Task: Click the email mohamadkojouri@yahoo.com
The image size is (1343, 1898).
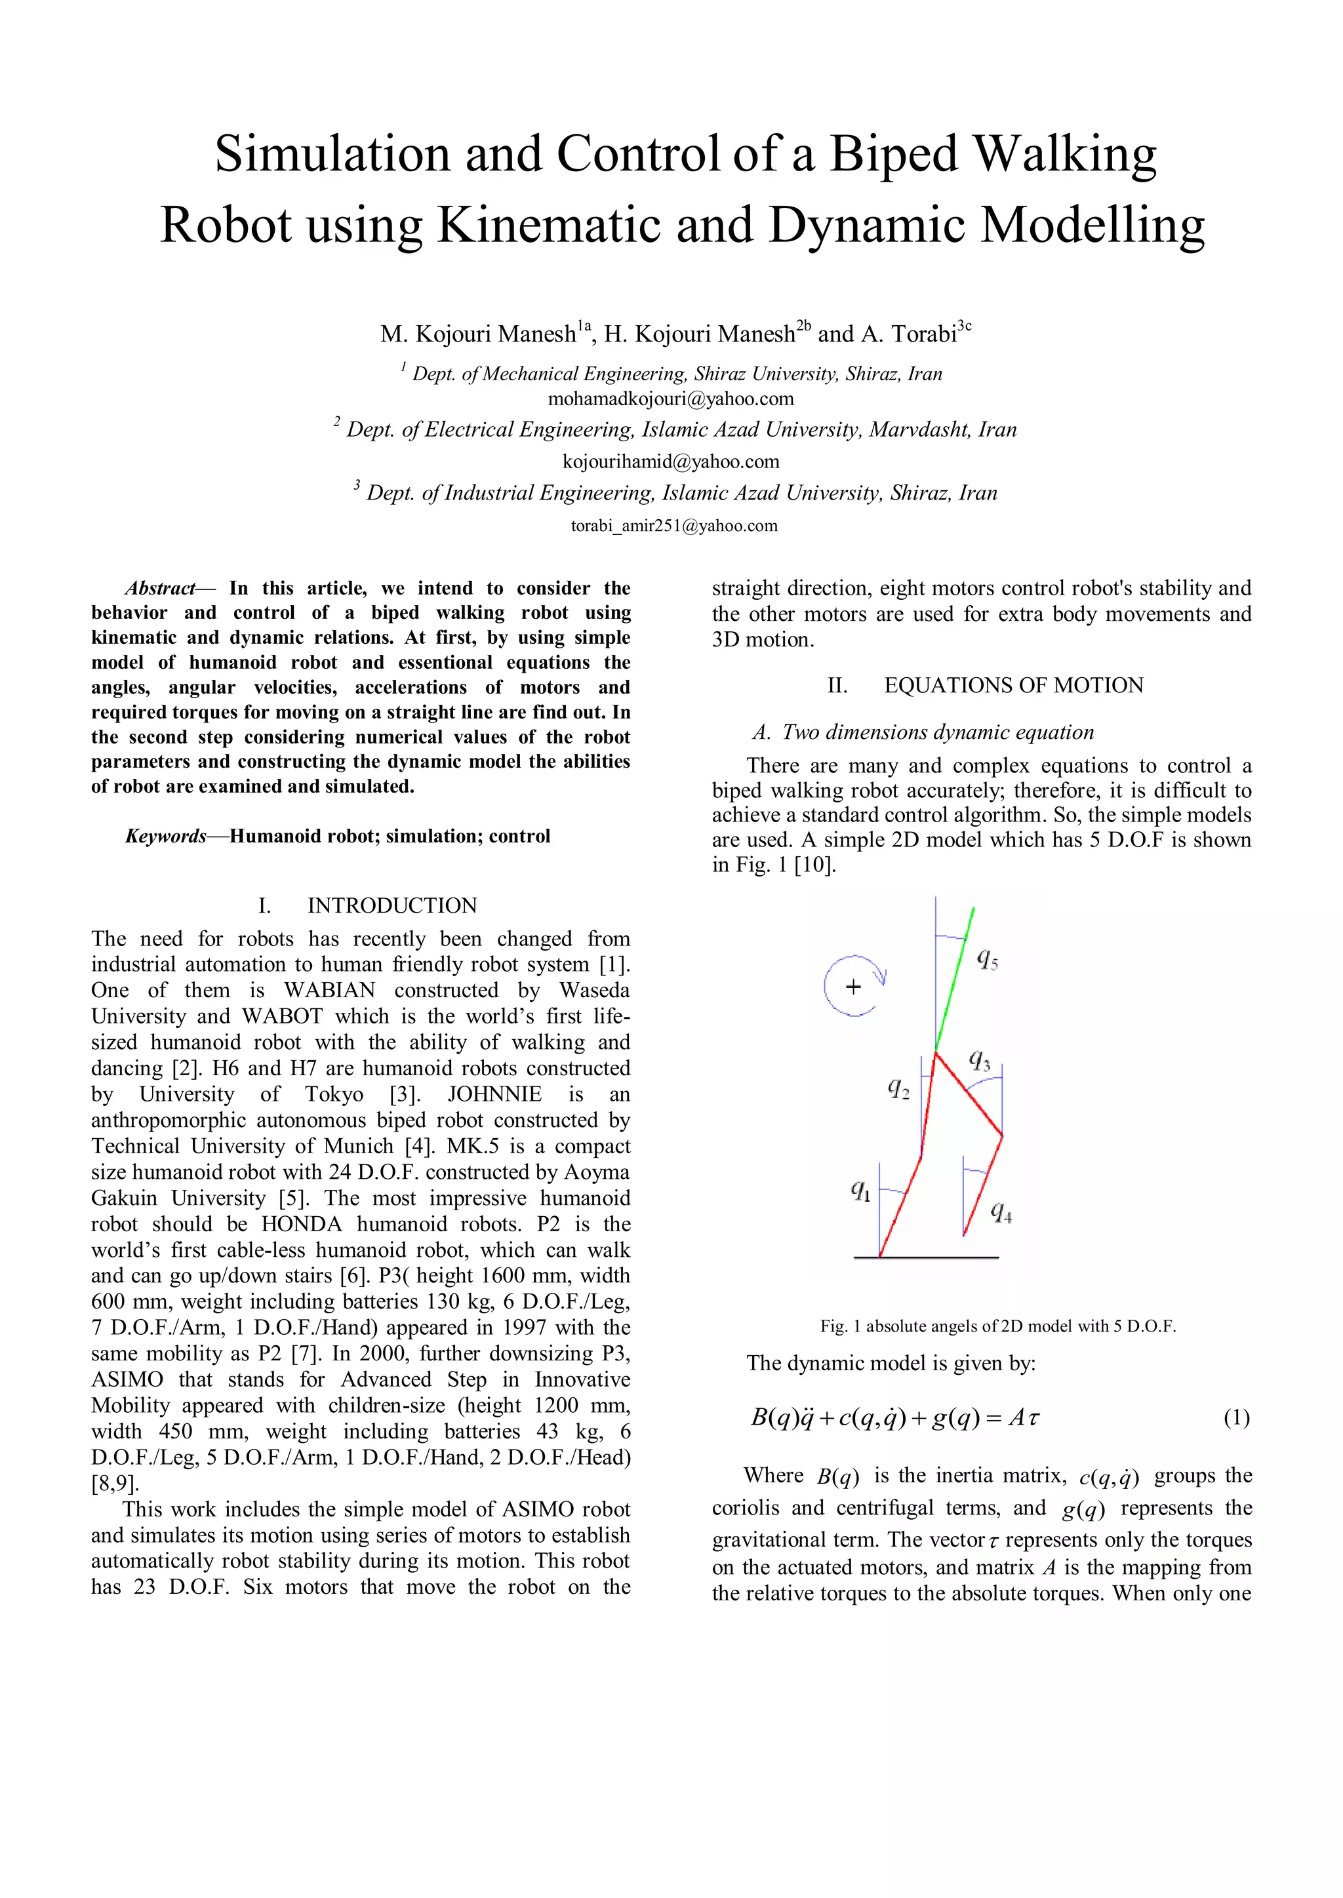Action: point(671,399)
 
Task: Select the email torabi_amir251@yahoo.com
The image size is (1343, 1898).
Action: point(674,526)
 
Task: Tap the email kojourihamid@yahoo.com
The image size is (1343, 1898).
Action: point(671,462)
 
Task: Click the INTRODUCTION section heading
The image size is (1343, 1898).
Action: point(392,906)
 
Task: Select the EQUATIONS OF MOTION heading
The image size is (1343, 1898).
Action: point(1013,685)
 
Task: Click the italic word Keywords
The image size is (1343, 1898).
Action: point(165,837)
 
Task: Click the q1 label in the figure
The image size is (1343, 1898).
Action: point(861,1191)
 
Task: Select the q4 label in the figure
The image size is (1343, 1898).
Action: point(1001,1213)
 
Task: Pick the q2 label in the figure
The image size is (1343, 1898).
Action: point(899,1089)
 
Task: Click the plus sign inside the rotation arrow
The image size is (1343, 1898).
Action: point(853,986)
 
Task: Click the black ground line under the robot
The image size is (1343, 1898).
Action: point(926,1257)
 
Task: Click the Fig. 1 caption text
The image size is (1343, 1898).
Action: point(997,1326)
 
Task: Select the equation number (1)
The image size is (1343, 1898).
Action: point(1236,1419)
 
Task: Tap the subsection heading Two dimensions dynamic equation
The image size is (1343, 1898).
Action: point(938,732)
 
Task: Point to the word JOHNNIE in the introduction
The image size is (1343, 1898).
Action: point(494,1094)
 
